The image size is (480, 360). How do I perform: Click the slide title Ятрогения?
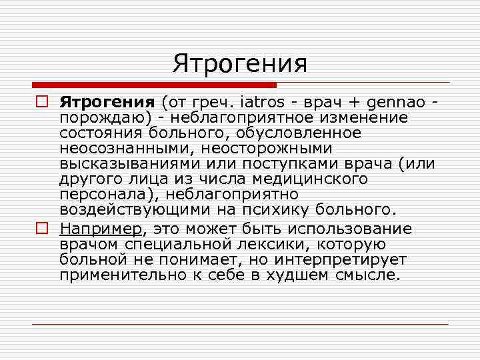click(240, 64)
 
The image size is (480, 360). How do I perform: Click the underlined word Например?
click(101, 229)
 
